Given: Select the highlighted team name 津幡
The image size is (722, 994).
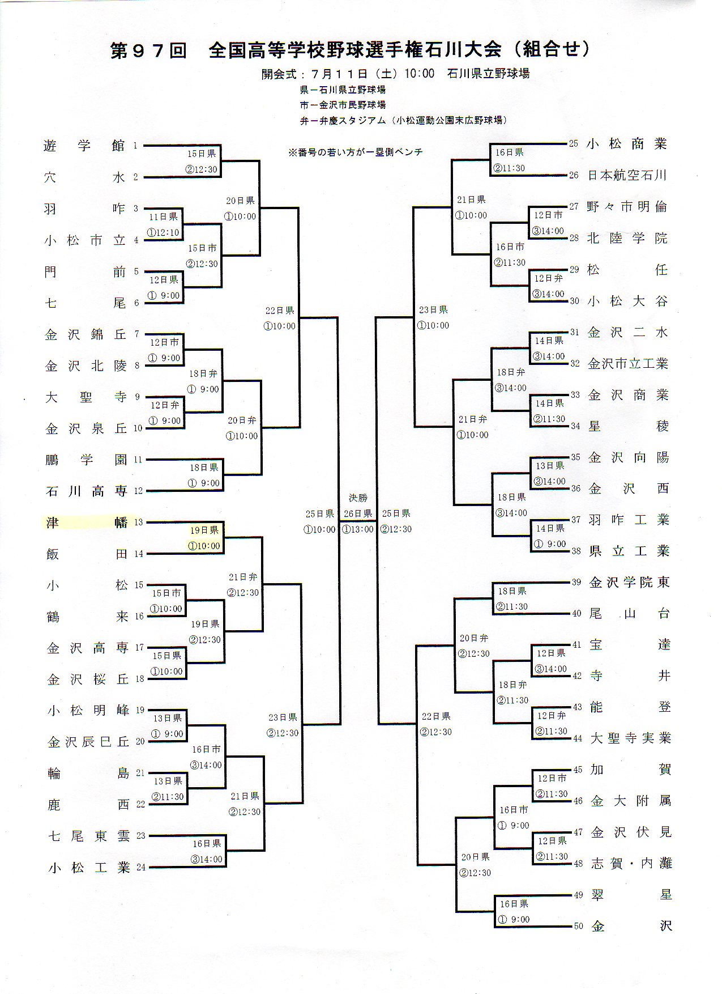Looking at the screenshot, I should coord(86,522).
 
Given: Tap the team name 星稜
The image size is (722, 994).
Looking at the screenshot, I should coord(628,426).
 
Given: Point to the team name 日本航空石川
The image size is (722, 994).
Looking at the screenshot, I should coord(627,175).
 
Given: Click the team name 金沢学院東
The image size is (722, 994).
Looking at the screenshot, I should coord(629,582).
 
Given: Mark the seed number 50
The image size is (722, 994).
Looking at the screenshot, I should coord(578,926).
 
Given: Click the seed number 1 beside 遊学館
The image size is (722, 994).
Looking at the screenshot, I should coord(135,146).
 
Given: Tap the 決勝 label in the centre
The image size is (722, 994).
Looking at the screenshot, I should coord(358,498).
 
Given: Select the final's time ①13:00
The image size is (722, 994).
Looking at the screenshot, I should coord(358,529).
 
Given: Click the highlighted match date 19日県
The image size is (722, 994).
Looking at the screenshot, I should coord(204,530).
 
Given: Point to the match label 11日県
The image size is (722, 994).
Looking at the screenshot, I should coord(164,216).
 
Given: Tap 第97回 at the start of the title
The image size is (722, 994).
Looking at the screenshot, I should coord(148,50).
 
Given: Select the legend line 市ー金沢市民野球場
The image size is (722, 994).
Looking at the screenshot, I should coord(343,105).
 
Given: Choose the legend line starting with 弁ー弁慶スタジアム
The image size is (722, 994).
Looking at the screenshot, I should coord(403,120).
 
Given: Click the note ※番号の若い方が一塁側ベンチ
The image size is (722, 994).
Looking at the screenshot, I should coord(355,152).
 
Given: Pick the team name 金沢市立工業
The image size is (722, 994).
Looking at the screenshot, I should coord(628,363).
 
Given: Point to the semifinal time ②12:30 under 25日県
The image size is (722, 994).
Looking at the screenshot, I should coord(396,529).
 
